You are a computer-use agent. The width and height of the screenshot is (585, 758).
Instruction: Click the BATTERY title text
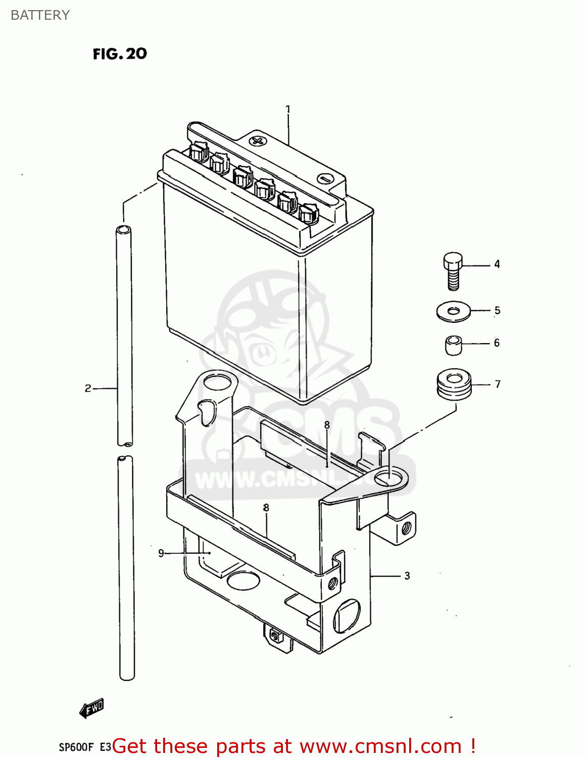tap(40, 15)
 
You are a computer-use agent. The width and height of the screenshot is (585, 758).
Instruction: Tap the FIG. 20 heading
tap(120, 54)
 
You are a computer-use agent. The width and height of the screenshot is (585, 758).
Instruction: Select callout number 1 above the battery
tap(288, 109)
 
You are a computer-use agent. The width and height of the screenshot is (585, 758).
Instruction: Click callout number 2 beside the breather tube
tap(88, 388)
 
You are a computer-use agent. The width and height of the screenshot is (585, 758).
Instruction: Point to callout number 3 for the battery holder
tap(407, 576)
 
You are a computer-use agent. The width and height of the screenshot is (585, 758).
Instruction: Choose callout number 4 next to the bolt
tap(497, 264)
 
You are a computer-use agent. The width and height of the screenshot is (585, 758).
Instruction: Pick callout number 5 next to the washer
tap(498, 310)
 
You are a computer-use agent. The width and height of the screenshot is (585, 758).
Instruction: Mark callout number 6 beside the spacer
tap(497, 343)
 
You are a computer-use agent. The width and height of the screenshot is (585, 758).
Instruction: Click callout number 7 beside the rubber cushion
tap(498, 384)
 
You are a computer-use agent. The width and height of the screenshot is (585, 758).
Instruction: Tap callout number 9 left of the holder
tap(161, 553)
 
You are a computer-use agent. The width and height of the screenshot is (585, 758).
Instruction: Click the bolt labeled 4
tap(453, 270)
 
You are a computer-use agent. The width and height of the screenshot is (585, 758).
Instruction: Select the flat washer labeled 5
tap(453, 311)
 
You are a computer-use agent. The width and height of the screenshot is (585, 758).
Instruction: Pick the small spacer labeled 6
tap(454, 345)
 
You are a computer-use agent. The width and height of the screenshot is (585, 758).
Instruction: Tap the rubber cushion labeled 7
tap(454, 385)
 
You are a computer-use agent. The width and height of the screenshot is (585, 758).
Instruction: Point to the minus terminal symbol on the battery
tap(323, 178)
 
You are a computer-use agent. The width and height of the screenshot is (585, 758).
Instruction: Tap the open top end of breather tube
tap(123, 230)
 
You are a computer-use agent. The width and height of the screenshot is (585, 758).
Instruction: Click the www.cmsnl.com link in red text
tap(380, 746)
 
